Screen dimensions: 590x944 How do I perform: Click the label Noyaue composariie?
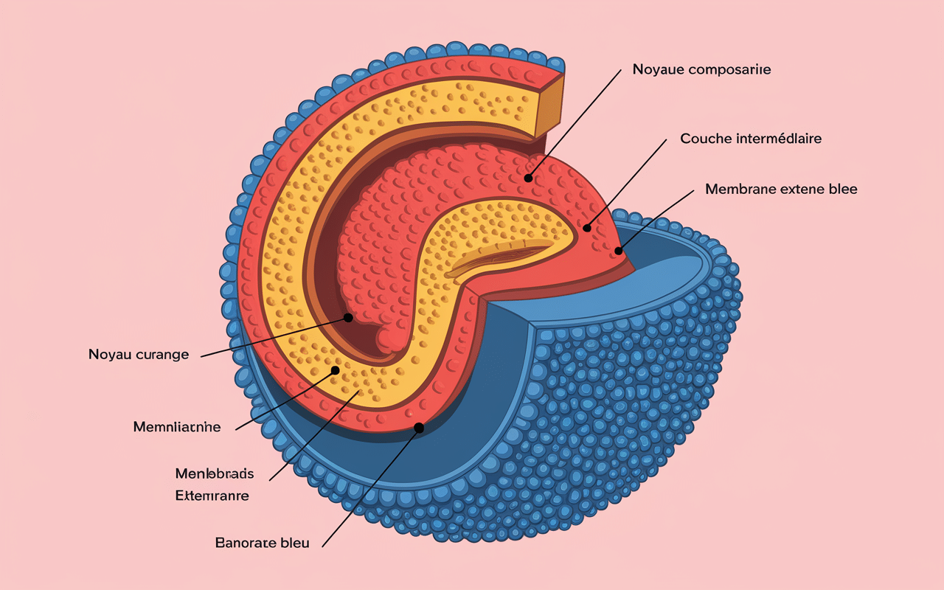[701, 69]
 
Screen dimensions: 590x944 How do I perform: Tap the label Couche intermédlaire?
[751, 139]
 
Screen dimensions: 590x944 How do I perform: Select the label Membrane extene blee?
[781, 189]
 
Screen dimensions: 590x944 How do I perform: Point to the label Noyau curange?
[139, 355]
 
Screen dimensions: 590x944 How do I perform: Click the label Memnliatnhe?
[177, 427]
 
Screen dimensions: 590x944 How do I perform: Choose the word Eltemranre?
[212, 496]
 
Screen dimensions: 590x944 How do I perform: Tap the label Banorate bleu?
[262, 543]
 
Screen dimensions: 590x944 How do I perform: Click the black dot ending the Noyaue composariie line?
[528, 178]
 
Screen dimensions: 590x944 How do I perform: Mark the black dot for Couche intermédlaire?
[587, 228]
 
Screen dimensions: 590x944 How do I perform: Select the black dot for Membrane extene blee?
[619, 251]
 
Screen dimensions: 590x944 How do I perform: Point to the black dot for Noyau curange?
[347, 317]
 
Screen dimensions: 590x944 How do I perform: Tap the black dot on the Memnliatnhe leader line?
[335, 370]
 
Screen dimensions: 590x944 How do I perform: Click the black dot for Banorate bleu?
[419, 427]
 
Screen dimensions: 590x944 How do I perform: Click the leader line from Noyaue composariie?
[575, 122]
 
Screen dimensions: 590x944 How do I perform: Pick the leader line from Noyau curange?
[273, 337]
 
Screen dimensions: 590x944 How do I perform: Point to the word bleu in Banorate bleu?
[294, 543]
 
